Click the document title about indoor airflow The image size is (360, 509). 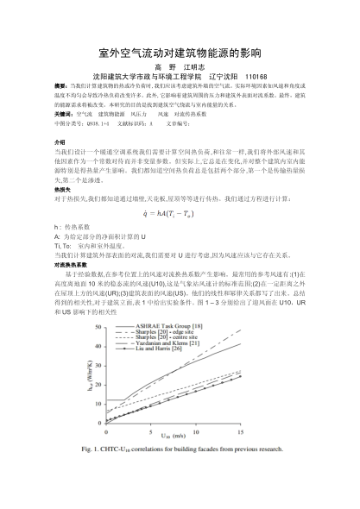click(x=180, y=51)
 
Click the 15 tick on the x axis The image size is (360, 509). click(x=239, y=430)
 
